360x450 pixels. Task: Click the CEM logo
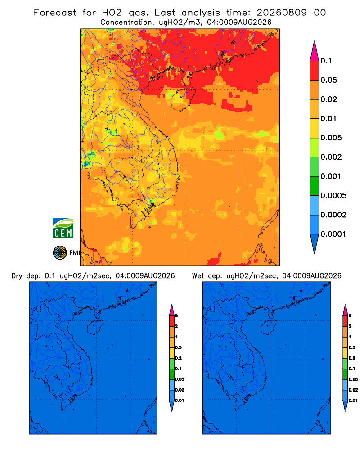[x=63, y=228]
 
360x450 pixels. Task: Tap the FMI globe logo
[x=60, y=253]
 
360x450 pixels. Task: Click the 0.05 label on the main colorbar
[x=328, y=80]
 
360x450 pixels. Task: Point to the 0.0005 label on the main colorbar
[x=333, y=196]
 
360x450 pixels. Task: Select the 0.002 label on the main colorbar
[x=331, y=157]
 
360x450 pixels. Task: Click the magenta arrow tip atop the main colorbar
[x=315, y=51]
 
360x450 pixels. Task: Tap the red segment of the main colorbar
[x=315, y=71]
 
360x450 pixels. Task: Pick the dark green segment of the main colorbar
[x=315, y=186]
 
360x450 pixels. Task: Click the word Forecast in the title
[x=55, y=13]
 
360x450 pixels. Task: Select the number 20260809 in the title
[x=282, y=13]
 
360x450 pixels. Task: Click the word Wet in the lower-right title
[x=198, y=276]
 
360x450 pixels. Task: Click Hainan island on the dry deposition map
[x=95, y=328]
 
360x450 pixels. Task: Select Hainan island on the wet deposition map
[x=269, y=328]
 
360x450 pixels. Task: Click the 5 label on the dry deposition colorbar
[x=176, y=316]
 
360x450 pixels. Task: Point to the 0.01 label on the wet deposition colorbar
[x=353, y=400]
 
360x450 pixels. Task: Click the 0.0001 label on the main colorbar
[x=333, y=234]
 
